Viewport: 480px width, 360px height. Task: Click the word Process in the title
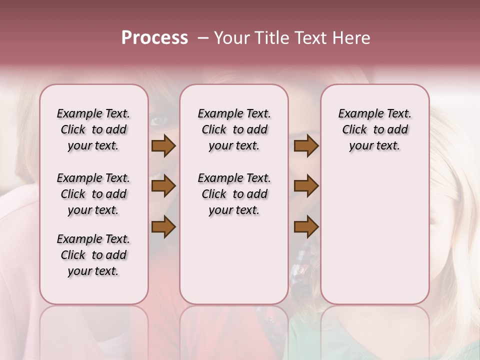154,38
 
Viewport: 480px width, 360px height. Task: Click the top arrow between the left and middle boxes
163,146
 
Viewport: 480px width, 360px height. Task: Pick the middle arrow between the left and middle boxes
163,186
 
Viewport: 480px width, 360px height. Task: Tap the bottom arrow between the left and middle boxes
163,227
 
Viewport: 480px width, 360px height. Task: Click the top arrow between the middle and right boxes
306,146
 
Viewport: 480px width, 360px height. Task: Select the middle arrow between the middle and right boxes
306,186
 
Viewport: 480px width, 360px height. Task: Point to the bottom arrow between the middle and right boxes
306,227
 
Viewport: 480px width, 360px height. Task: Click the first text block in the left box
93,129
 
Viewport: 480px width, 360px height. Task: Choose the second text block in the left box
93,194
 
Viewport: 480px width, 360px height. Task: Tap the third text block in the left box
93,255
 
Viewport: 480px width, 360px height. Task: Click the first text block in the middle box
234,129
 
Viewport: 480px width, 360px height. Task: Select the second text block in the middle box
234,194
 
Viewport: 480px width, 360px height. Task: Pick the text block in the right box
374,129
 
